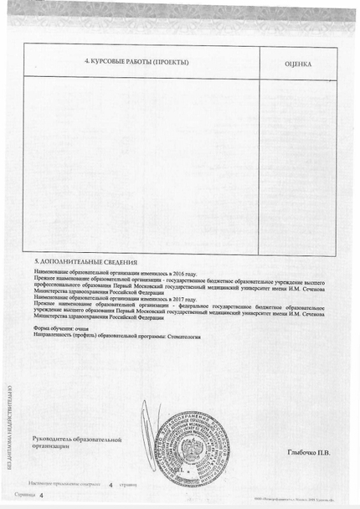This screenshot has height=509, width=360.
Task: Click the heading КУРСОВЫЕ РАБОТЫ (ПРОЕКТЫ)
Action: (x=137, y=63)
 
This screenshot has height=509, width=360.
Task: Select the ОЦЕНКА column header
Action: (x=298, y=64)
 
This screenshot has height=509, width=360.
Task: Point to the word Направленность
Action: (x=53, y=336)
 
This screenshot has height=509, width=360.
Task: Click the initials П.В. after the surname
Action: (x=323, y=453)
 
